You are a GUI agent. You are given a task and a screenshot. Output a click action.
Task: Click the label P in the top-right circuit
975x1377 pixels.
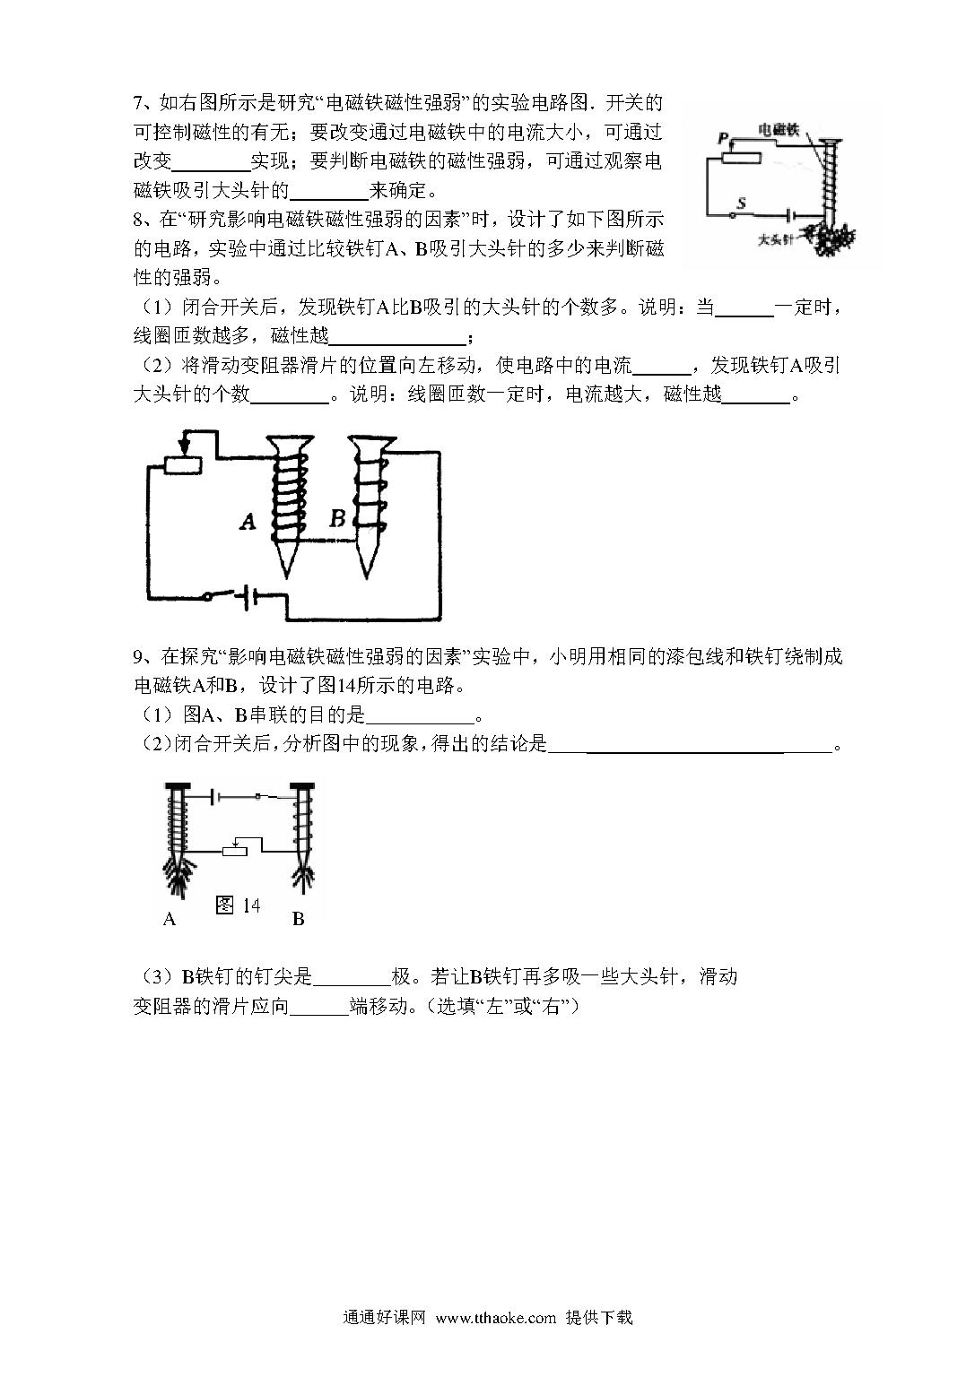pos(724,138)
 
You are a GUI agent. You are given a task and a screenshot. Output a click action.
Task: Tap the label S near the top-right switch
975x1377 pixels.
pos(741,203)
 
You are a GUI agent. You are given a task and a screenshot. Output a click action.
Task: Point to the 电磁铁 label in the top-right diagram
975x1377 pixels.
pos(779,130)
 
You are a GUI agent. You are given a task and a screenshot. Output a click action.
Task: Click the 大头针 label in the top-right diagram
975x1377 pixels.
pos(777,238)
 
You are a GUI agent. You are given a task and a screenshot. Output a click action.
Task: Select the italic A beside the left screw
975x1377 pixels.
pos(248,522)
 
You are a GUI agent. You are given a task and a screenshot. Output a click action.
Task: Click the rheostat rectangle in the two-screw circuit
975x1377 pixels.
pos(183,464)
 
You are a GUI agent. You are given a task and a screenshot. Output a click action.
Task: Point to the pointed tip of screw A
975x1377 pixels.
pos(286,576)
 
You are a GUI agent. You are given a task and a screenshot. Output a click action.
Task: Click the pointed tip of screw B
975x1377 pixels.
pos(367,576)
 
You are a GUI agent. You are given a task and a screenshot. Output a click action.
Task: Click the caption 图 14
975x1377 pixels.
pos(239,905)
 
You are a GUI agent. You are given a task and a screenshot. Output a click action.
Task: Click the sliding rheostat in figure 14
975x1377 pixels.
pos(234,851)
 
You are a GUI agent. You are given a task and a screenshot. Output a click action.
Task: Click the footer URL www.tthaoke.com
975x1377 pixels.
pos(496,1335)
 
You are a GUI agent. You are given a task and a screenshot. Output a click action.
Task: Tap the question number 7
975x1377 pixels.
pos(139,103)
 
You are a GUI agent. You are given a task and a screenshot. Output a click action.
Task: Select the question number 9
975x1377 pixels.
pos(139,657)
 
